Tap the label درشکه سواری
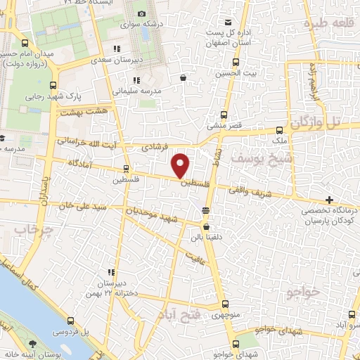pyautogui.click(x=142, y=25)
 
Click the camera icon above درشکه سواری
pyautogui.click(x=142, y=14)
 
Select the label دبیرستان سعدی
pyautogui.click(x=113, y=60)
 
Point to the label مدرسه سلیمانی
pyautogui.click(x=134, y=91)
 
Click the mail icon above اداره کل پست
pyautogui.click(x=223, y=22)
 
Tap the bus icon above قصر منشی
pyautogui.click(x=224, y=115)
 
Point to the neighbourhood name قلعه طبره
pyautogui.click(x=326, y=23)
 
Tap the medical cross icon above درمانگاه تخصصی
pyautogui.click(x=310, y=199)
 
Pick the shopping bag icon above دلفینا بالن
pyautogui.click(x=206, y=227)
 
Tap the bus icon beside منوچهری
pyautogui.click(x=224, y=304)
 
